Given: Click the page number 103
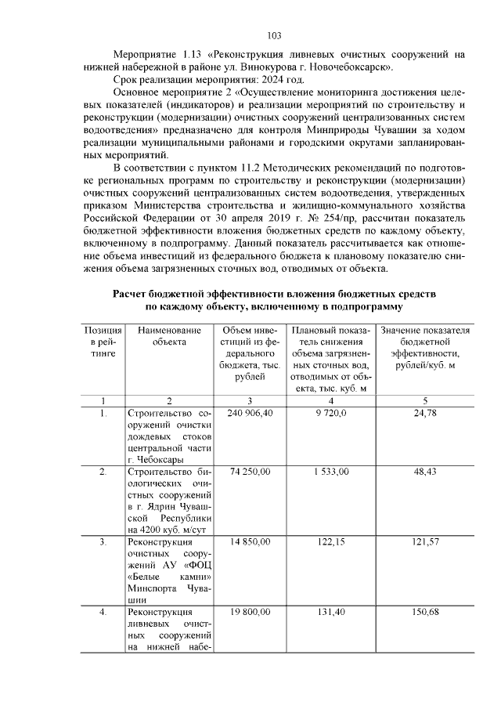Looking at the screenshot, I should (x=274, y=36).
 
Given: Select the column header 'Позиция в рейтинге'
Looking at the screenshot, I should (x=103, y=342).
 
